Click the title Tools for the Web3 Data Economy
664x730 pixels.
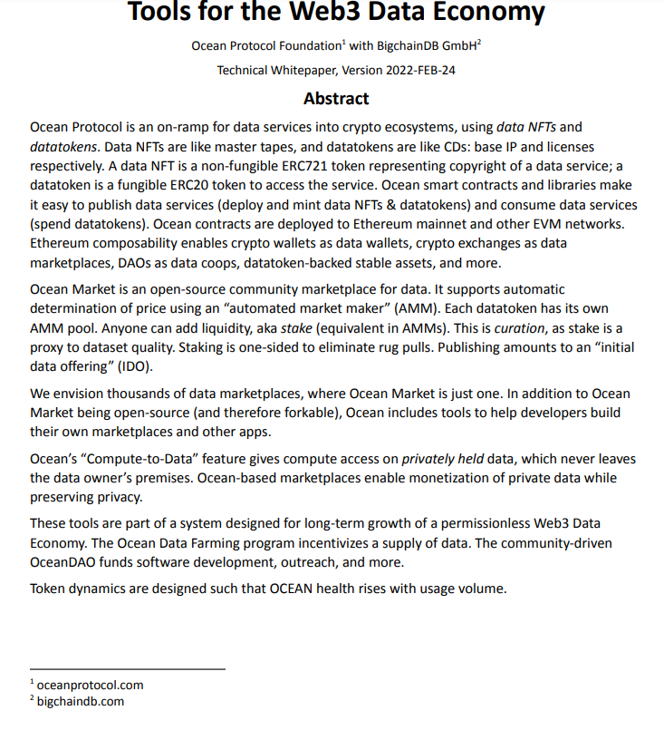pyautogui.click(x=336, y=13)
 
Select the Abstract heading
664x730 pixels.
pyautogui.click(x=336, y=98)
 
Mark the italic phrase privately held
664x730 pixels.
pyautogui.click(x=442, y=458)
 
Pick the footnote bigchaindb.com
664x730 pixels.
pyautogui.click(x=81, y=701)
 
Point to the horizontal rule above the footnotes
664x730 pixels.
pyautogui.click(x=127, y=669)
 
